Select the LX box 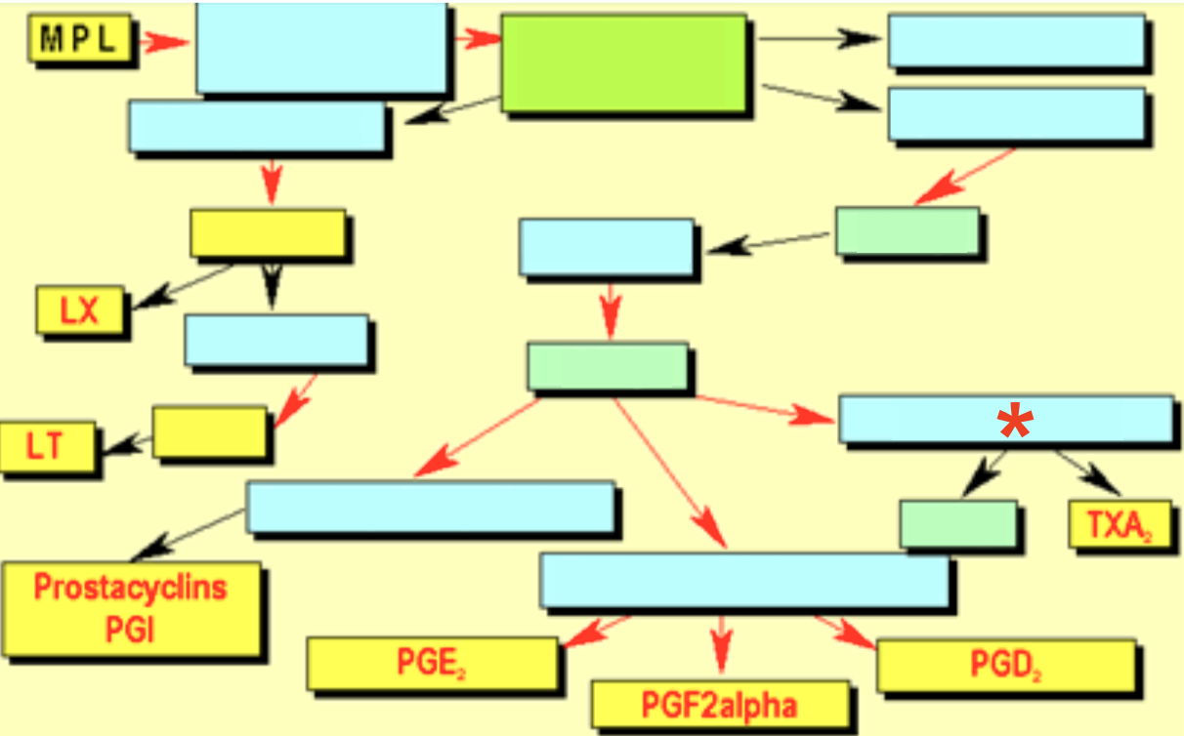pos(80,310)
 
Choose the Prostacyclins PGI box pos(131,608)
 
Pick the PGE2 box pos(433,663)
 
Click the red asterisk pos(1014,423)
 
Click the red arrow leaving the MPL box pos(163,41)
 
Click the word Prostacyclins pos(131,588)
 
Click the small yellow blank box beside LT pos(209,431)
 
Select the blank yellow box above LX pos(267,232)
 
